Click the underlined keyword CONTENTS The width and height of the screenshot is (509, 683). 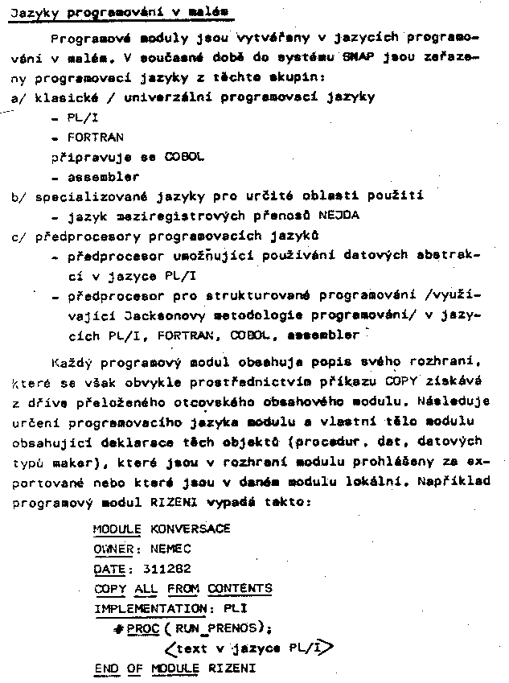pyautogui.click(x=240, y=589)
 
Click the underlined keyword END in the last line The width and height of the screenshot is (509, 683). pyautogui.click(x=105, y=668)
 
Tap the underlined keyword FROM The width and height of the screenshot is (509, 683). pyautogui.click(x=183, y=589)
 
